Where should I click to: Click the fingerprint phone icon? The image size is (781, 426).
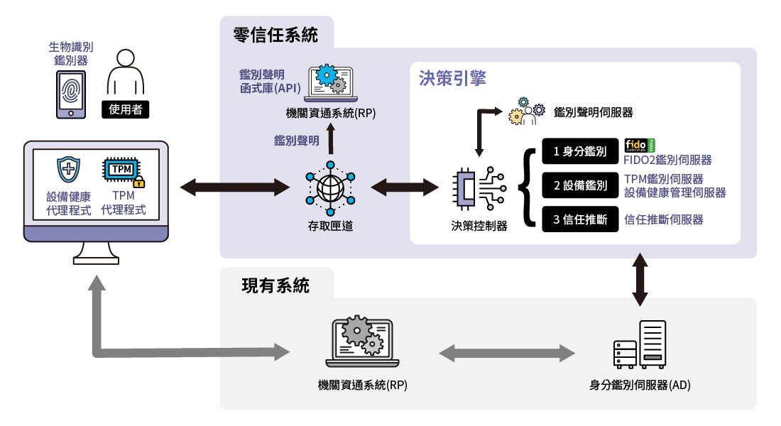click(x=70, y=94)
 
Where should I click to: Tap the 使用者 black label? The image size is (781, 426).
click(x=126, y=109)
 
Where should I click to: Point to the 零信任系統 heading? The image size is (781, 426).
click(x=275, y=35)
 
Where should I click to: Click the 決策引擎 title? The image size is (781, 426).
click(x=452, y=79)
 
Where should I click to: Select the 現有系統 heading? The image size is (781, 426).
click(x=275, y=286)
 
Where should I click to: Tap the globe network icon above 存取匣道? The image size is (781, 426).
click(x=329, y=187)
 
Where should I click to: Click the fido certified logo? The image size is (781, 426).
click(x=640, y=146)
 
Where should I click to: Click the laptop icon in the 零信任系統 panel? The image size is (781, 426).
click(x=330, y=84)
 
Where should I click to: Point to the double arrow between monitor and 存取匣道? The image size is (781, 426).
click(x=236, y=187)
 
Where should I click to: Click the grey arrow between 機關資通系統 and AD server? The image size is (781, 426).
click(x=507, y=351)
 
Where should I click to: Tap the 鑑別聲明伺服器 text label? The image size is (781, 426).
click(x=593, y=112)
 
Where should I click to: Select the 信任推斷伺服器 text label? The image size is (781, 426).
click(x=663, y=219)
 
